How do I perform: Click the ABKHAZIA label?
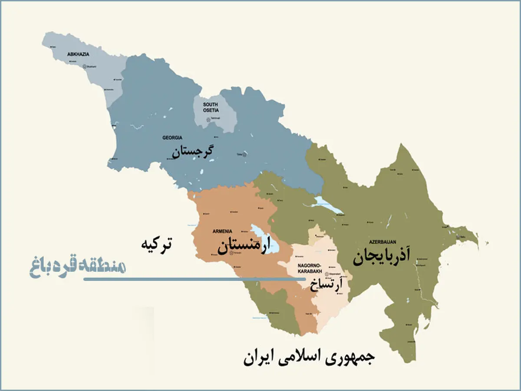tap(78, 54)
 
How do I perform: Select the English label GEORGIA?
tap(172, 138)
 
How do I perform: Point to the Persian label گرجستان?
tap(192, 152)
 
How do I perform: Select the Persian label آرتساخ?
tap(326, 284)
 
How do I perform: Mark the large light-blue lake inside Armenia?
tap(266, 239)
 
